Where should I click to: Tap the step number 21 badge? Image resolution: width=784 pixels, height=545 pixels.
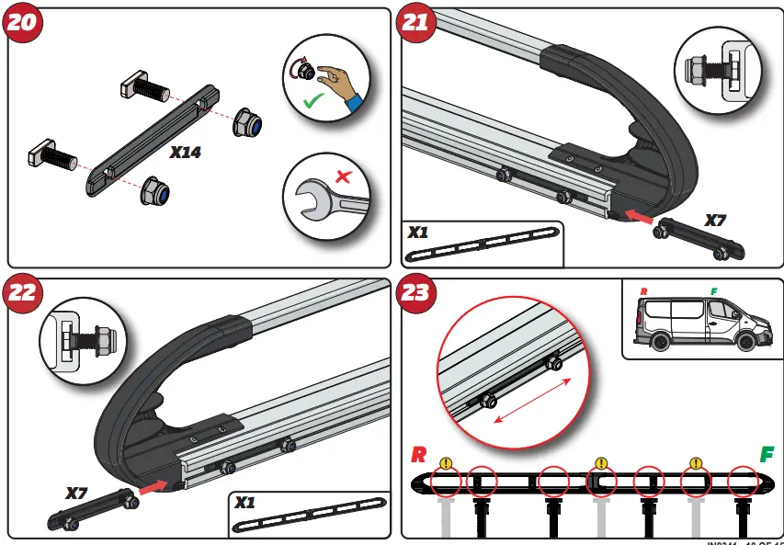click(x=417, y=23)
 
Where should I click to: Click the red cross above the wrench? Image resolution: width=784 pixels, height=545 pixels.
click(x=343, y=176)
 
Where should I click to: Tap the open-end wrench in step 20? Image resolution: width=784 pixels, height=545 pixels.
click(x=322, y=199)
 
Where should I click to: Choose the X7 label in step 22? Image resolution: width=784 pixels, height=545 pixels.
click(x=76, y=494)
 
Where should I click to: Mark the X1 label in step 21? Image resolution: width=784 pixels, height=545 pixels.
click(x=418, y=233)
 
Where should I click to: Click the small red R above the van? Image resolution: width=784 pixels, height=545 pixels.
click(x=643, y=291)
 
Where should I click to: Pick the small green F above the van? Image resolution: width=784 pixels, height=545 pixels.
click(x=713, y=291)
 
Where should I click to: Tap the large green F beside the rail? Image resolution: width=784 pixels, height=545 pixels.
click(x=766, y=455)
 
